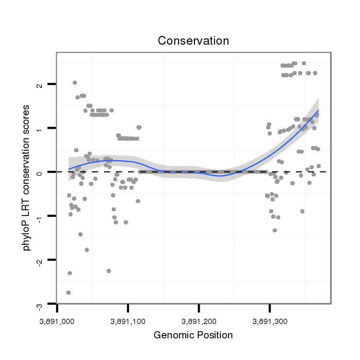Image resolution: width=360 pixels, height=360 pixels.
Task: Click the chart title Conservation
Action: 193,41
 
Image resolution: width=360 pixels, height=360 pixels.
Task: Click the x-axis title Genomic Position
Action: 193,335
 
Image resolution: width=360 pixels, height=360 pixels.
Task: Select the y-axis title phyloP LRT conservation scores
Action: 27,178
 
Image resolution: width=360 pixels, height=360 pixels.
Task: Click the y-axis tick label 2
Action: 39,84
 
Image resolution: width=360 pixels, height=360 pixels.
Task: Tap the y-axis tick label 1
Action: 39,128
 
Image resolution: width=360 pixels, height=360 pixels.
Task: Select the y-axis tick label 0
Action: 39,172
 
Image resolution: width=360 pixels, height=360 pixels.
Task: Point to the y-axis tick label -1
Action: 39,217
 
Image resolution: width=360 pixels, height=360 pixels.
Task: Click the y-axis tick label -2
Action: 39,261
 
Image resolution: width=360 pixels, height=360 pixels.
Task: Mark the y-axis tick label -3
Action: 39,305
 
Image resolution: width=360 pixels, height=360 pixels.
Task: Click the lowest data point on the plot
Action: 69,292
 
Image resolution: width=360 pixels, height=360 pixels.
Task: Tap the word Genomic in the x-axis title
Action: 172,335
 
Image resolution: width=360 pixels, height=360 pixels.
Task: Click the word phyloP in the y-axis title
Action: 27,237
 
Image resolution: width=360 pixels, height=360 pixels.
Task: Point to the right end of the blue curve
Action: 318,110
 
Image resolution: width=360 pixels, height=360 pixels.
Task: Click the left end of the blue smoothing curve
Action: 69,169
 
